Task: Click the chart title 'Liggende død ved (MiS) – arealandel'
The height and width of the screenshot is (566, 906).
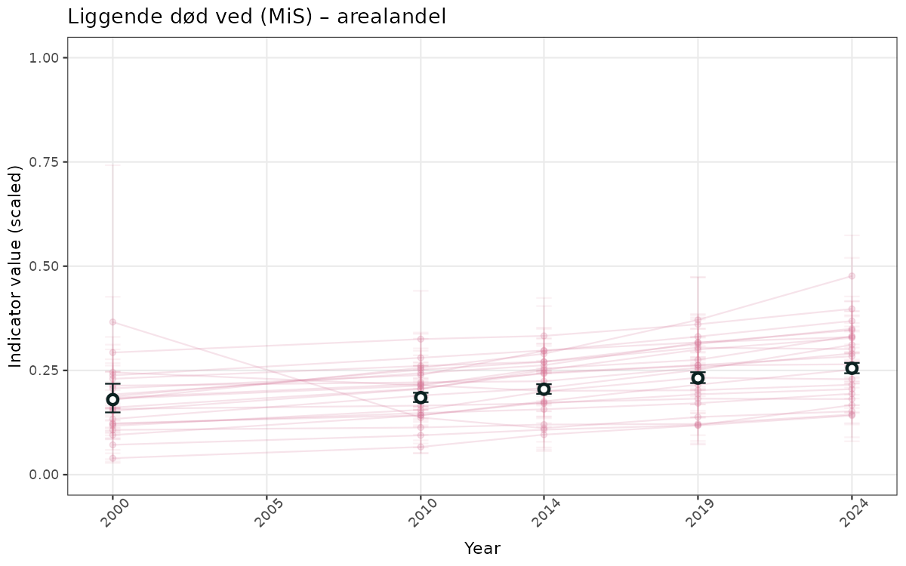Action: (x=257, y=17)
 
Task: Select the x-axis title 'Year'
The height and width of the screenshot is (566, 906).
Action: (x=482, y=548)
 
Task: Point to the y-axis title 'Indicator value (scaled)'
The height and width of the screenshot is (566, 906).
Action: (x=17, y=266)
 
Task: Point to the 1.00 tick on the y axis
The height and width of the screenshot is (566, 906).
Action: (x=46, y=58)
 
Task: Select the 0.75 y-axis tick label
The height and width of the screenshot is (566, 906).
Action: (x=46, y=162)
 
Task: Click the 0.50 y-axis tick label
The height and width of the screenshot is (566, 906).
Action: (x=46, y=266)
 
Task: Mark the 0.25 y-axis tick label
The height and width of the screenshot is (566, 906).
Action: (x=46, y=371)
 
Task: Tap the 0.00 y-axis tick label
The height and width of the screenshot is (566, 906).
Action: (x=46, y=475)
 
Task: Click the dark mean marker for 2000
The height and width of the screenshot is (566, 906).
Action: (x=112, y=399)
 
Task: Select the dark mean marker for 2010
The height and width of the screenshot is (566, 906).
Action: (x=421, y=397)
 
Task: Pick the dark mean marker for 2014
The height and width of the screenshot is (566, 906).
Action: (x=544, y=389)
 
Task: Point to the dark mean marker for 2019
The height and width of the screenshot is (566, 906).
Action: (x=698, y=377)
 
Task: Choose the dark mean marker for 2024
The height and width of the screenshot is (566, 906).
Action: (x=852, y=368)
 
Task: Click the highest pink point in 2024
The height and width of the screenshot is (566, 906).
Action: (x=852, y=276)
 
